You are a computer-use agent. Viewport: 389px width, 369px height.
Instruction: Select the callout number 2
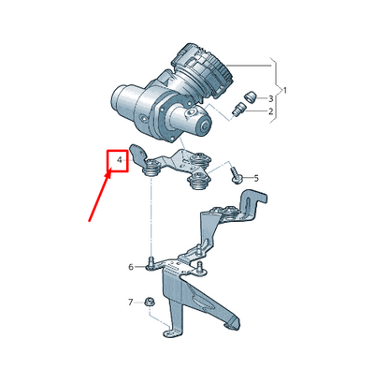271,112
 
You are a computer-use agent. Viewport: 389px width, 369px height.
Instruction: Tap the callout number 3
271,97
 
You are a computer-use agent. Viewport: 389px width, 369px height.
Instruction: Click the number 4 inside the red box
120,162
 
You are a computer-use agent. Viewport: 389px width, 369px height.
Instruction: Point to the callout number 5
256,177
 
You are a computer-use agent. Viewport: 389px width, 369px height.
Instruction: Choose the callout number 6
131,267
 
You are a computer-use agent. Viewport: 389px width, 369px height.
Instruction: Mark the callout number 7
131,302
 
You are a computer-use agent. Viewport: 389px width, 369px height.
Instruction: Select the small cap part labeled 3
250,96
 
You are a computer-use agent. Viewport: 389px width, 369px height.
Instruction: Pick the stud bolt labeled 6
150,263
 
